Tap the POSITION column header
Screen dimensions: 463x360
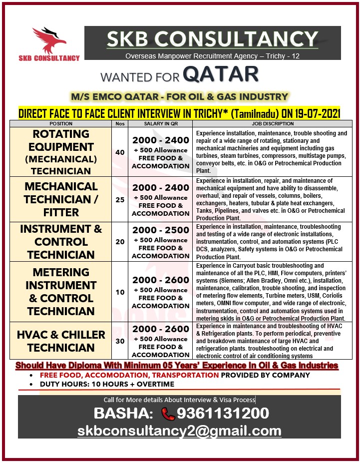61,123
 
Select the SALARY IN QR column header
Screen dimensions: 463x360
160,123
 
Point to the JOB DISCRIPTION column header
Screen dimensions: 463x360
273,123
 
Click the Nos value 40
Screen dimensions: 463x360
120,152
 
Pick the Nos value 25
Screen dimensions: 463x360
120,199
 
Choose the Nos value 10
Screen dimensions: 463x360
120,292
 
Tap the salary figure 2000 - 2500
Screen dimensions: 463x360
161,230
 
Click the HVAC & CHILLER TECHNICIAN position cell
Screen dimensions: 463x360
61,341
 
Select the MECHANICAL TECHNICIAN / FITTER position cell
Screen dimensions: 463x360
61,199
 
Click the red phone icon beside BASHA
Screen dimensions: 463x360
168,414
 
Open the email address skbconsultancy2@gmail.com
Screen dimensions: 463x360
179,431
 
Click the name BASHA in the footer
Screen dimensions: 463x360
123,414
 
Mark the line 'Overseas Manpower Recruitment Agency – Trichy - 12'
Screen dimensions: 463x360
212,56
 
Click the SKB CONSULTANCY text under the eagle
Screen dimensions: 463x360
49,58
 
